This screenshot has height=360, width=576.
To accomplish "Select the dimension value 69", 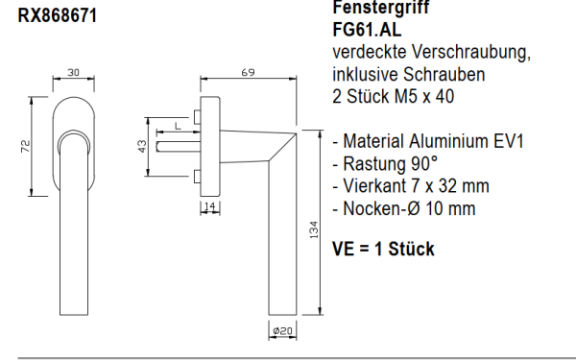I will tap(247, 72).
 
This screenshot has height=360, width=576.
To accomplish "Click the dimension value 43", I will tap(142, 146).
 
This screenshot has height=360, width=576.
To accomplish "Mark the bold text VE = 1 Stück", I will tap(382, 250).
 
